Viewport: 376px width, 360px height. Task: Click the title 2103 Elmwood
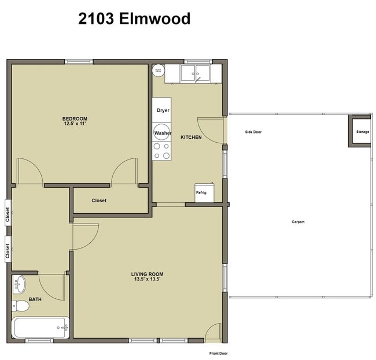[x=134, y=18]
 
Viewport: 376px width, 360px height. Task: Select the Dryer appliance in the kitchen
[x=163, y=110]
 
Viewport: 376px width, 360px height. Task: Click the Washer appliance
[x=163, y=133]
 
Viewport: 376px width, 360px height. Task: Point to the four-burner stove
[x=163, y=151]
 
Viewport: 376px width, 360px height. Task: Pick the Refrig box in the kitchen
[x=202, y=192]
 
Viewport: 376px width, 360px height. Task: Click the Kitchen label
[x=191, y=138]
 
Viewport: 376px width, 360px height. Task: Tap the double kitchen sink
[x=196, y=73]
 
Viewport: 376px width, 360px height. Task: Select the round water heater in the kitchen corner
[x=158, y=71]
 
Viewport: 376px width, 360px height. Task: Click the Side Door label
[x=253, y=132]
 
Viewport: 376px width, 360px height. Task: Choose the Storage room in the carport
[x=362, y=132]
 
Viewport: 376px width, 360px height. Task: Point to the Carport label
[x=298, y=222]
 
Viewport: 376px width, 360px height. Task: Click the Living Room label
[x=147, y=274]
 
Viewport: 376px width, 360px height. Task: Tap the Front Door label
[x=218, y=352]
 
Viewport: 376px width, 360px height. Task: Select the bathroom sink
[x=19, y=284]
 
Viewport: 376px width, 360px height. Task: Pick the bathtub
[x=40, y=329]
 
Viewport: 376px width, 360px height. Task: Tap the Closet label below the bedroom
[x=99, y=201]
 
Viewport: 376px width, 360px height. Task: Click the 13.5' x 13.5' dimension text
[x=147, y=279]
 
